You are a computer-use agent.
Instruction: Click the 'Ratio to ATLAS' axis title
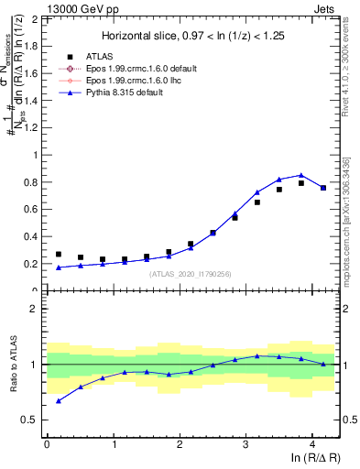click(12, 365)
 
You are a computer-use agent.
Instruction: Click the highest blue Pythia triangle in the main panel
click(301, 175)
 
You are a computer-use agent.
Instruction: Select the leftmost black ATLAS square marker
click(59, 255)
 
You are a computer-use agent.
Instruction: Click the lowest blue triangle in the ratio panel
click(59, 400)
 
